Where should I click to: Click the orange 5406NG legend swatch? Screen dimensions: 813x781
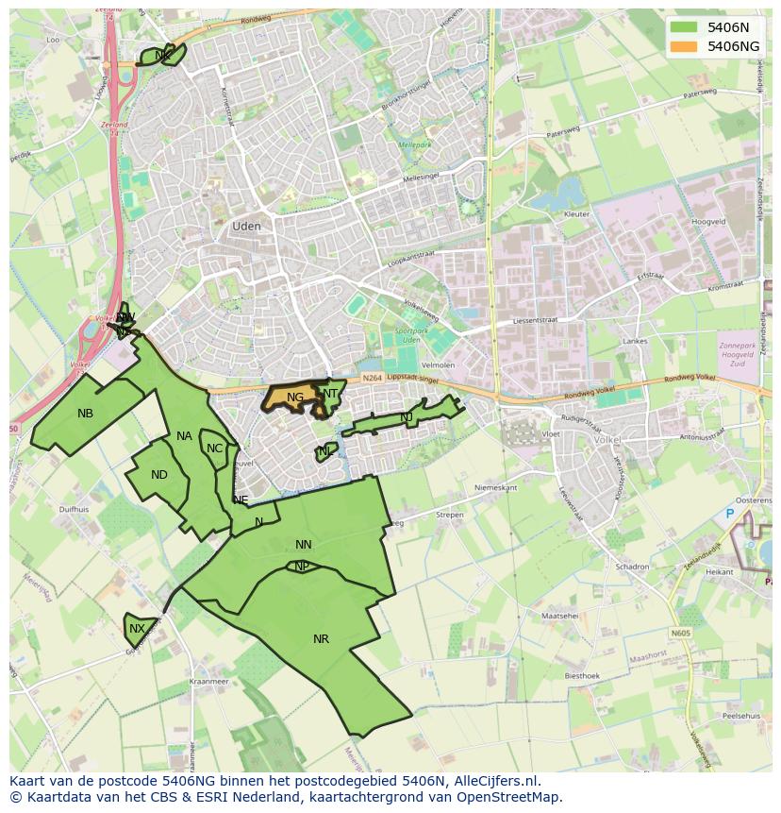pos(686,46)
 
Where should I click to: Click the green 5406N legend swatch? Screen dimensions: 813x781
pos(686,27)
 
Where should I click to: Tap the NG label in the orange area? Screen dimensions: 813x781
pos(295,398)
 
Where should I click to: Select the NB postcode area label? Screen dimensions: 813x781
pos(86,414)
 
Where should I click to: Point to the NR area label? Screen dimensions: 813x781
pos(321,639)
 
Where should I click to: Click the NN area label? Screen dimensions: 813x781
pos(303,545)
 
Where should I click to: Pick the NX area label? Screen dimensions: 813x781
pos(138,629)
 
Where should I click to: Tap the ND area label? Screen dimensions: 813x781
pos(159,475)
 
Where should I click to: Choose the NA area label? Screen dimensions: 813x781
pos(184,436)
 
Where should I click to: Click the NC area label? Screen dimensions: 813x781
pos(214,449)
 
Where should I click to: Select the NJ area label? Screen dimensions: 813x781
pos(407,417)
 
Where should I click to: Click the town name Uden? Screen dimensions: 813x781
pos(246,227)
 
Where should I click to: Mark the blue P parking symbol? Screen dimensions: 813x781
pos(729,514)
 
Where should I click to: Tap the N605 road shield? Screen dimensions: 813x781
pos(681,634)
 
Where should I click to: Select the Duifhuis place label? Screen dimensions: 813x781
pos(74,508)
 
